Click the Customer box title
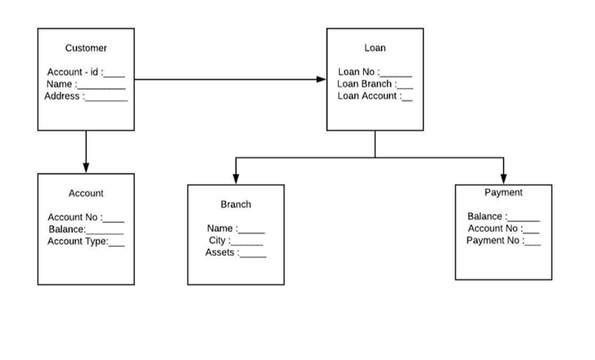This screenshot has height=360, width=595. coord(86,48)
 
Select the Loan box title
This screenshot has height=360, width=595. coord(374,48)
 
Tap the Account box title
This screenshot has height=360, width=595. coord(86,193)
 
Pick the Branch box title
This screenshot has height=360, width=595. coord(236,204)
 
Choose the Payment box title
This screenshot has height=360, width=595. coord(504,192)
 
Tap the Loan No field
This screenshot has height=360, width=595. coord(374,72)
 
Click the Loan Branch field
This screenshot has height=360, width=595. coord(374,84)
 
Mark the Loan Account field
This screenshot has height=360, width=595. coord(374,96)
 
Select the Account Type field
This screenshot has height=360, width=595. coord(86,241)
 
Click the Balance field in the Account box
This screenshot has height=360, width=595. coord(86,229)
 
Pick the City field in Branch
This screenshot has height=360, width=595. coord(236,241)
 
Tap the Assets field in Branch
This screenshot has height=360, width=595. coord(236,253)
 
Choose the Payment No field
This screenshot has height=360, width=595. coord(504,241)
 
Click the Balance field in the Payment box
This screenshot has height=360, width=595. coord(504,216)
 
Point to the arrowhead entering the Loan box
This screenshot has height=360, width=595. coord(322,79)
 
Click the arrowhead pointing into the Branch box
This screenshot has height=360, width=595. coord(236,179)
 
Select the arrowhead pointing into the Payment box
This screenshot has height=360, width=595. coord(504,178)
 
